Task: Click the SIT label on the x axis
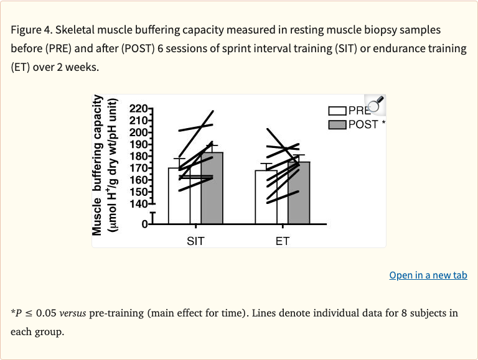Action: (x=195, y=241)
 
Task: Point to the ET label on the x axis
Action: (x=283, y=241)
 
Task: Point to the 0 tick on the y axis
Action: (x=143, y=224)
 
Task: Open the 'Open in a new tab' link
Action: (x=428, y=275)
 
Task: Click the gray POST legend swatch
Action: (x=337, y=124)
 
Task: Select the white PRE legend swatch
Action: (x=337, y=111)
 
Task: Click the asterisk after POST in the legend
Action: (x=383, y=124)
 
